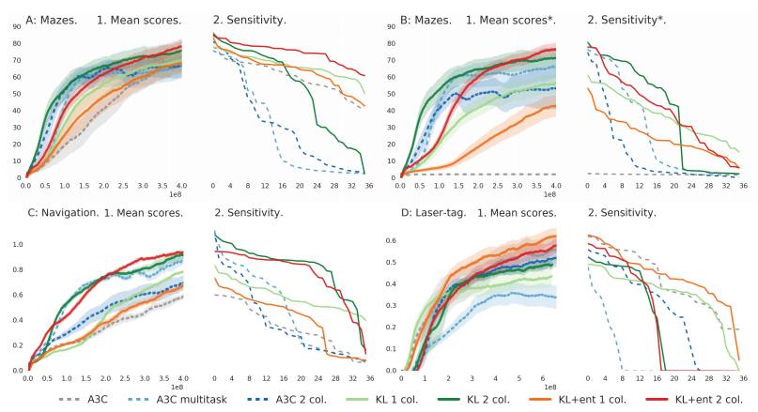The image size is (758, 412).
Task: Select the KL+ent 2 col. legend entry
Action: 673,398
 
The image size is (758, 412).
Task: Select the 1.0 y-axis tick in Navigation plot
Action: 15,244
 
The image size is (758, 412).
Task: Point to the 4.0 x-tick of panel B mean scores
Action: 556,187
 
